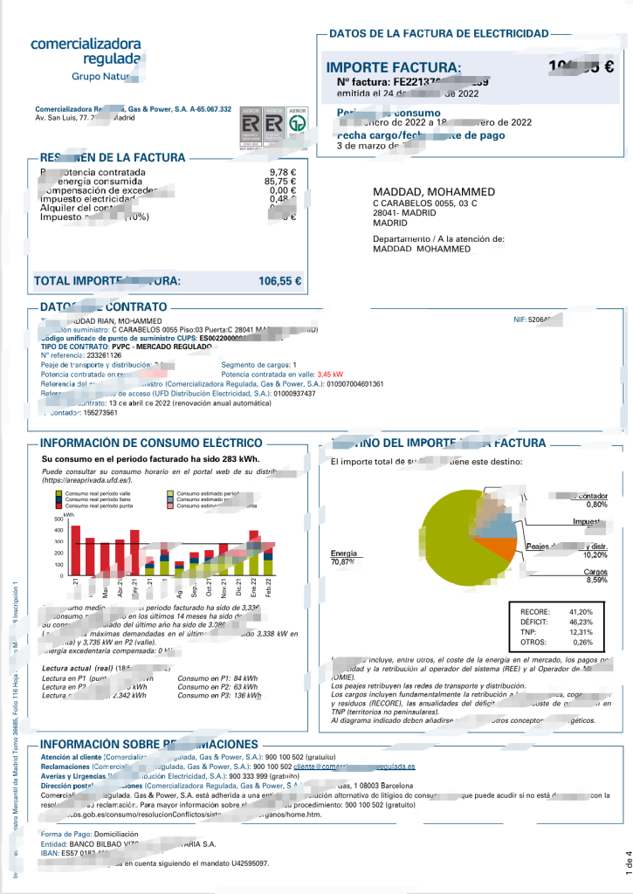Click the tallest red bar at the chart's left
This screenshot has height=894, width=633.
click(75, 550)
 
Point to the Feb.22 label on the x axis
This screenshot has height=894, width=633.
click(268, 588)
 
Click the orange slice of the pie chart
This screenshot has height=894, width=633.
click(500, 551)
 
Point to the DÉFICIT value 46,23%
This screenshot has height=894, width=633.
click(581, 621)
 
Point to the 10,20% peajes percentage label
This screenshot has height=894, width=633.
click(595, 554)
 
